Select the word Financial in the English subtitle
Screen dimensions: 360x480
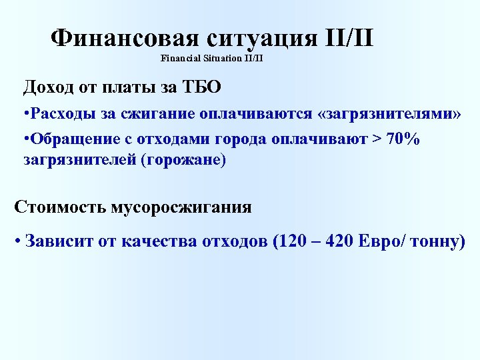point(179,59)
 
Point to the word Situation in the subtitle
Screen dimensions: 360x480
point(223,59)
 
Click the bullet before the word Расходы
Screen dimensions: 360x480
point(25,113)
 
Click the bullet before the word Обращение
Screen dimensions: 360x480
point(25,138)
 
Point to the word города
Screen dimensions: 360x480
point(242,138)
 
